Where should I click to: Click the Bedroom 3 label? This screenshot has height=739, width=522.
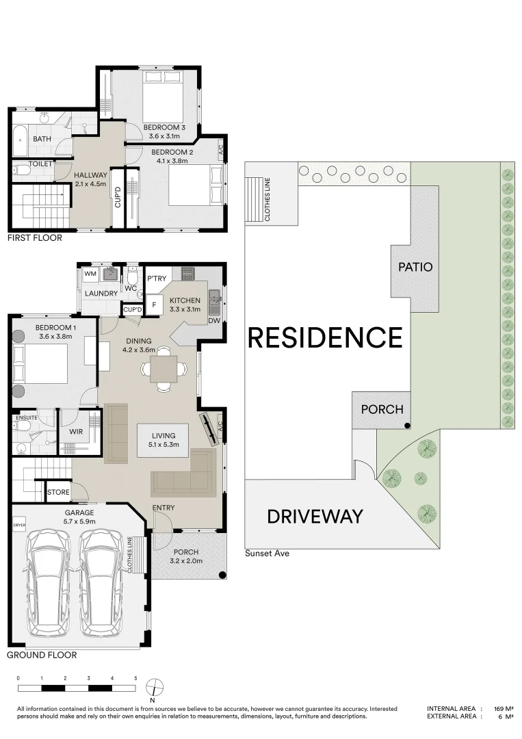pyautogui.click(x=164, y=127)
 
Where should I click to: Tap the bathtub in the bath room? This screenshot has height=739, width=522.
pyautogui.click(x=21, y=141)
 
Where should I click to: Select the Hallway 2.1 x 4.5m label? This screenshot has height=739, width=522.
pyautogui.click(x=90, y=179)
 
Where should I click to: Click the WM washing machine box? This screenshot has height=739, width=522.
pyautogui.click(x=90, y=274)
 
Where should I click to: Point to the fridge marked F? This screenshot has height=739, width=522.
pyautogui.click(x=153, y=305)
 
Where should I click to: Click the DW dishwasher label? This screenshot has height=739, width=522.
pyautogui.click(x=214, y=320)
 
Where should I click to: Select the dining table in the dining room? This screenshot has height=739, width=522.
pyautogui.click(x=164, y=369)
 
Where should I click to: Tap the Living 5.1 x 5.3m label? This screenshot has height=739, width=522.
pyautogui.click(x=164, y=440)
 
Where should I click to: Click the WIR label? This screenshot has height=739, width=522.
pyautogui.click(x=76, y=431)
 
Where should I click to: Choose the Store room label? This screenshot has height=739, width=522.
pyautogui.click(x=58, y=492)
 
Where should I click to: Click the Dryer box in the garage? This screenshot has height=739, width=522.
pyautogui.click(x=19, y=525)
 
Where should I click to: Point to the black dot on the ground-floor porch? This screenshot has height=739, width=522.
pyautogui.click(x=222, y=575)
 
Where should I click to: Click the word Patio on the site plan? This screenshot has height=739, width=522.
pyautogui.click(x=415, y=268)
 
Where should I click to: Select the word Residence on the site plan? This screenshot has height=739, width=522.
pyautogui.click(x=325, y=337)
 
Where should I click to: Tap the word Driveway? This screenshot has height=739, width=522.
pyautogui.click(x=315, y=517)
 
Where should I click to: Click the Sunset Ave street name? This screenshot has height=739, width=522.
pyautogui.click(x=267, y=554)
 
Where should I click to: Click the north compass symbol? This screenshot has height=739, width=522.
pyautogui.click(x=154, y=688)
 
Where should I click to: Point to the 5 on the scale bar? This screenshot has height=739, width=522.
pyautogui.click(x=135, y=678)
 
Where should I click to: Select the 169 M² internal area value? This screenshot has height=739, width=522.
pyautogui.click(x=504, y=708)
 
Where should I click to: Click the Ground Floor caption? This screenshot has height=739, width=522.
pyautogui.click(x=42, y=655)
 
